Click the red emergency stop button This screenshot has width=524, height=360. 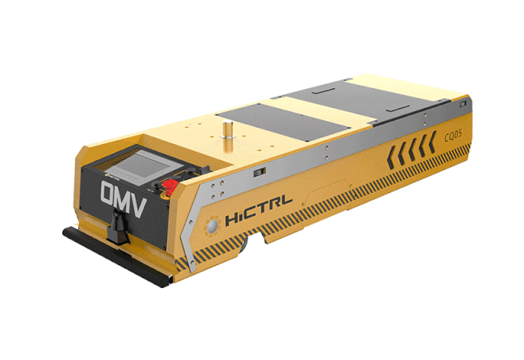tap(170, 186)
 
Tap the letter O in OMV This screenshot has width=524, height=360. tap(109, 194)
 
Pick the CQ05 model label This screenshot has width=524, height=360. tap(453, 134)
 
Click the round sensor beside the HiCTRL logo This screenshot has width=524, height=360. tap(212, 227)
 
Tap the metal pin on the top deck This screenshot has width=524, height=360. tap(228, 129)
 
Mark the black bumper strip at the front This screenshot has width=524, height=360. tap(118, 254)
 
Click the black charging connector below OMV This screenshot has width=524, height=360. tap(118, 227)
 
